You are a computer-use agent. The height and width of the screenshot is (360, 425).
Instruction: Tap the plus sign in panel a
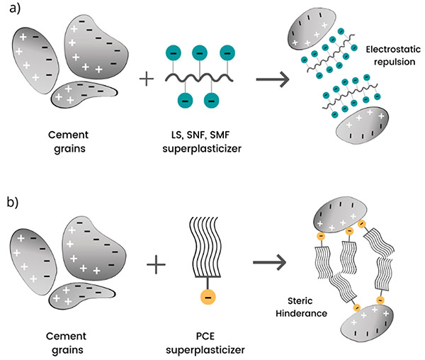[147, 78]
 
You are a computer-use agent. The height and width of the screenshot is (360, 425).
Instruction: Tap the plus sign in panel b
[157, 266]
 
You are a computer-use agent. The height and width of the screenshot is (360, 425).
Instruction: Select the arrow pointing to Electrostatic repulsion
[269, 79]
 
